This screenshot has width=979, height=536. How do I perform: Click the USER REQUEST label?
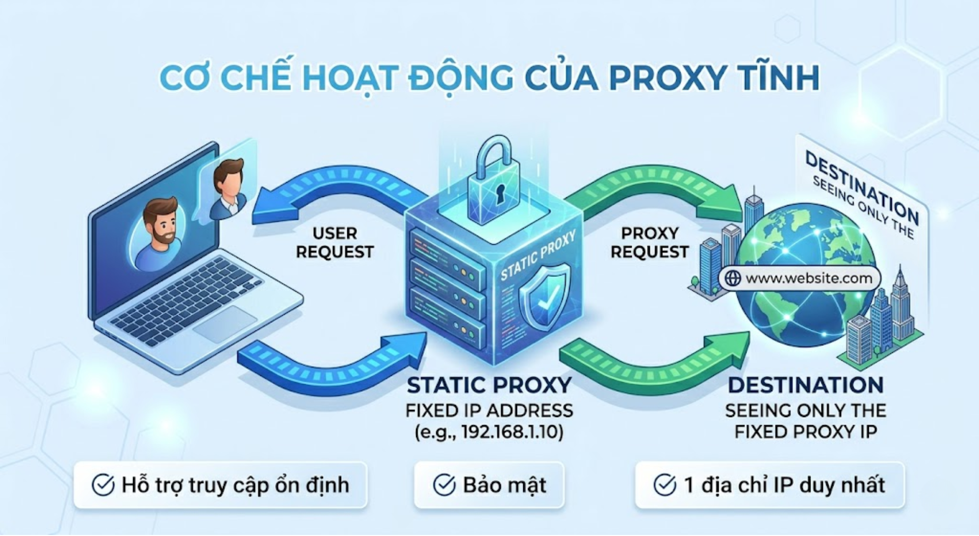(x=334, y=243)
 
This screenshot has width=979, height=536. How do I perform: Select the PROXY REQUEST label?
(x=650, y=243)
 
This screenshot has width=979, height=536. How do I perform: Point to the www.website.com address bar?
(x=799, y=278)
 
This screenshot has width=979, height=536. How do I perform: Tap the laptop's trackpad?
(x=225, y=324)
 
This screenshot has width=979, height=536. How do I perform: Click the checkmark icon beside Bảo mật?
(x=444, y=485)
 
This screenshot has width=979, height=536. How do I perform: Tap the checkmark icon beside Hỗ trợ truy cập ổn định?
(x=103, y=485)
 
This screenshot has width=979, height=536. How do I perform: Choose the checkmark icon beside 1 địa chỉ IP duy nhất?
(x=665, y=485)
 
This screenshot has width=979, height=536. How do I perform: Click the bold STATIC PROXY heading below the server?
(x=489, y=386)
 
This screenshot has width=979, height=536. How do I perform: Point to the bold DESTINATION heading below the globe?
(x=806, y=386)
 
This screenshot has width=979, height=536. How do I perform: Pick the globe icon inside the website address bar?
(x=733, y=278)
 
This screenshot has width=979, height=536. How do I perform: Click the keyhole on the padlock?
(x=500, y=193)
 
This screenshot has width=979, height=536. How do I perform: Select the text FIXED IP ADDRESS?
(x=489, y=411)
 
